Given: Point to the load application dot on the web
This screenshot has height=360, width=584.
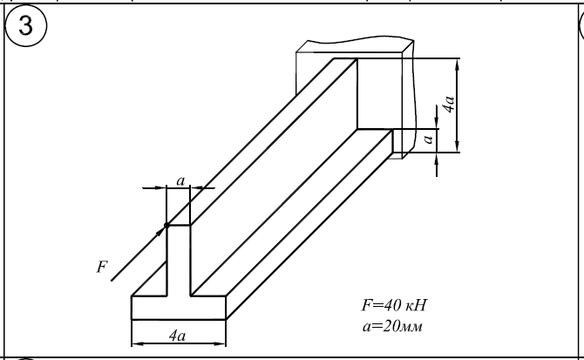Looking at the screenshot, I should point(166,226).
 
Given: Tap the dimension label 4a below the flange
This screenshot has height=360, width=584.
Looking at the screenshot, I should point(178,335).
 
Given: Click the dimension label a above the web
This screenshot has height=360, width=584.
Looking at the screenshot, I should point(180,180).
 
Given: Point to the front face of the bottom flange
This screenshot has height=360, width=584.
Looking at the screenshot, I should point(178,308).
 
